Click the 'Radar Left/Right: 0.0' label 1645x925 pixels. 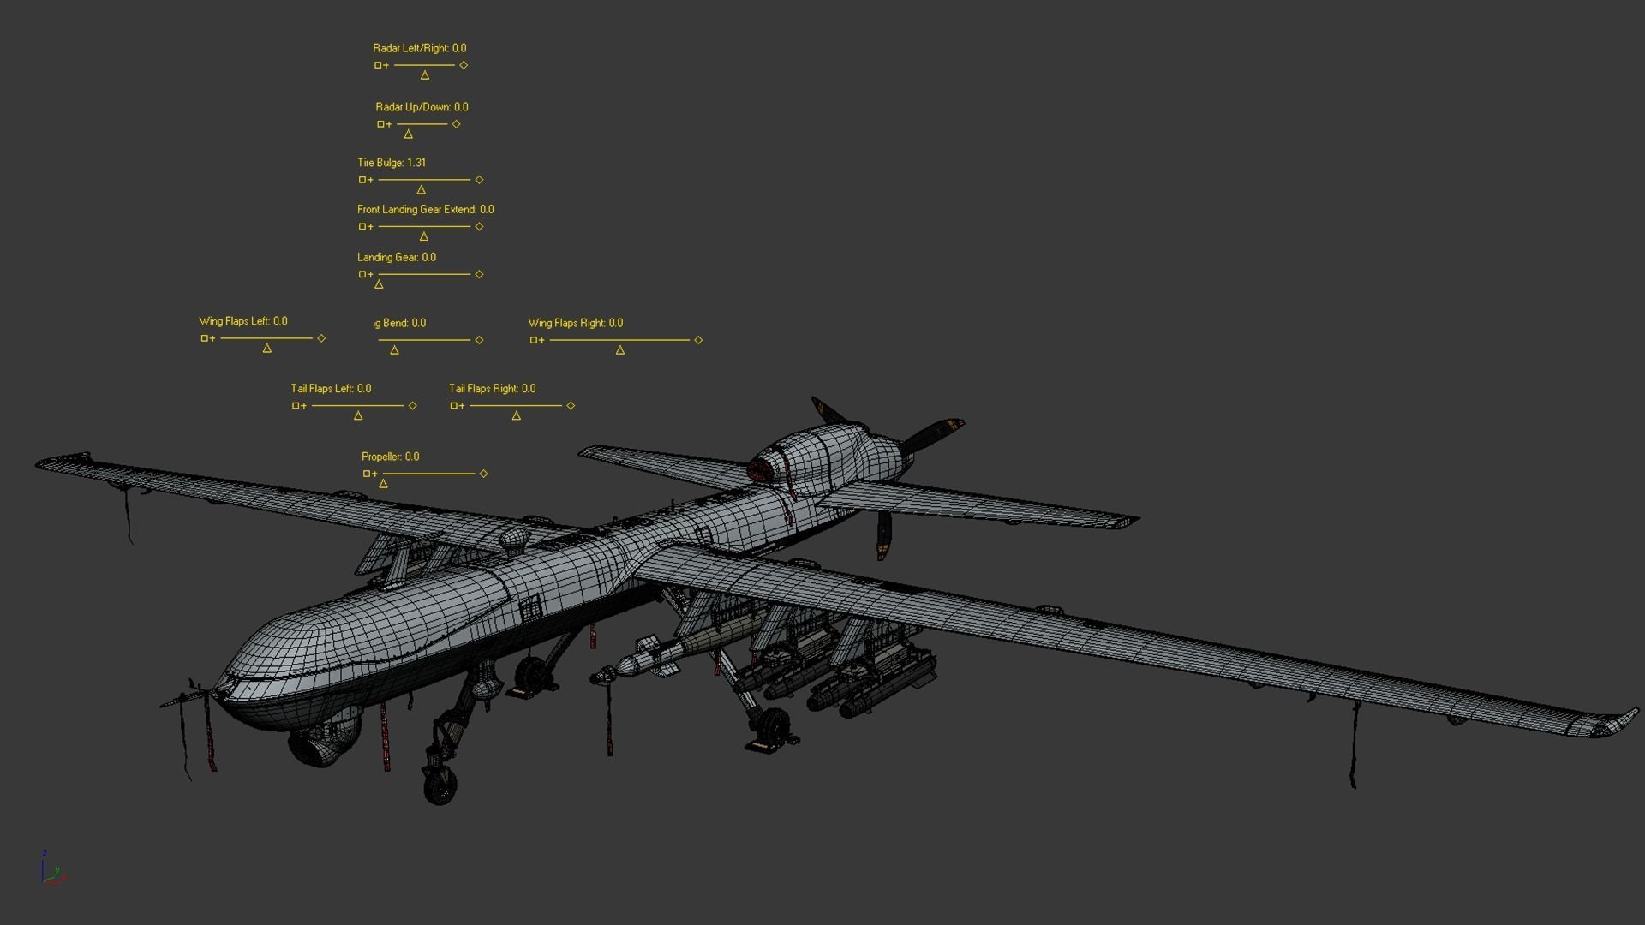coord(419,49)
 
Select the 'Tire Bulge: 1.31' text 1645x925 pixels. coord(391,163)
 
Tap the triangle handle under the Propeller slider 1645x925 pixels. coord(383,484)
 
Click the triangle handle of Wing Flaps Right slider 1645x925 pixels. coord(619,350)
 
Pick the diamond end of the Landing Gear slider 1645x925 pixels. coord(479,275)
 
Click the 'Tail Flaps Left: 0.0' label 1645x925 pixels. coord(331,389)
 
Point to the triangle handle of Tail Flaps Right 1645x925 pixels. coord(516,416)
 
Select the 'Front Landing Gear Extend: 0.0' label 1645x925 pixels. coord(425,210)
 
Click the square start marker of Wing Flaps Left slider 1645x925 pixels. coord(204,339)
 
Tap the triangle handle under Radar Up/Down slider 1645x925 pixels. coord(408,134)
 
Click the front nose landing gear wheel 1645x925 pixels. coord(440,785)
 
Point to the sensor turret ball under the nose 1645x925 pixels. coord(321,743)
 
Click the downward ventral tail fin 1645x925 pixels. coord(884,535)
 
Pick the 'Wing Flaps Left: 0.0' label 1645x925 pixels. coord(242,322)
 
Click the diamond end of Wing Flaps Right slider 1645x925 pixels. coord(698,341)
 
